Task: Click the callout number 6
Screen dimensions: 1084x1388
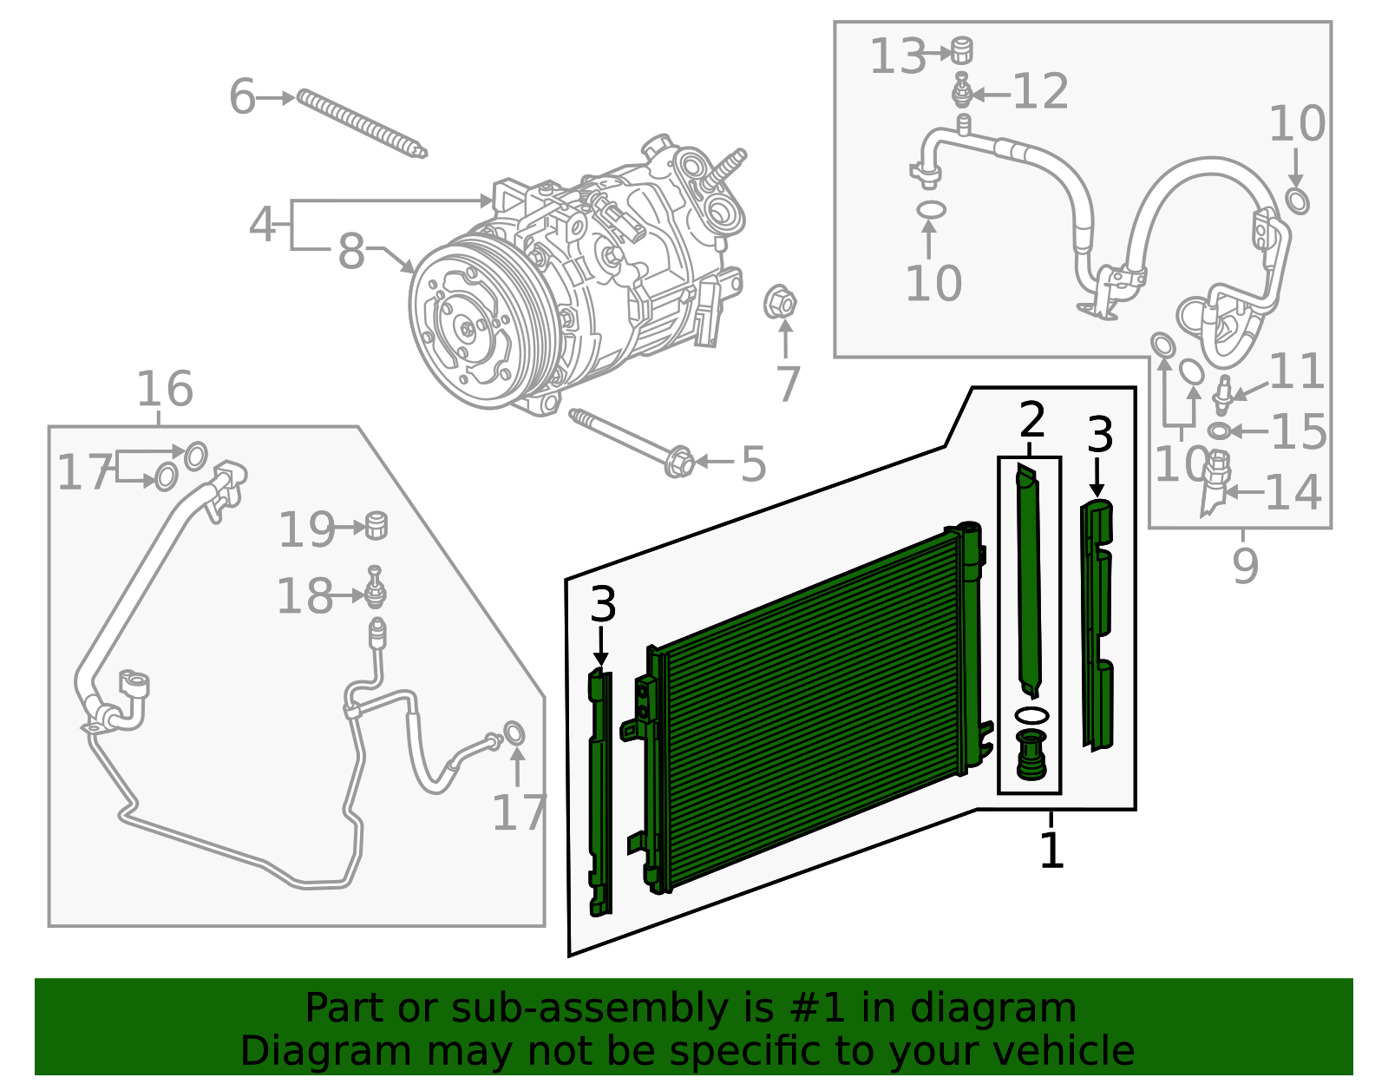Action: [242, 96]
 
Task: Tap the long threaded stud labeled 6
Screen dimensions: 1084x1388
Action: [360, 124]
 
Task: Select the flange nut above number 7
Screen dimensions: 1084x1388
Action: [780, 303]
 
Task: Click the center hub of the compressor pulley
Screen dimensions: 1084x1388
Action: [467, 329]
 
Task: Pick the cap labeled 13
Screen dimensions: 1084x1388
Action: [960, 50]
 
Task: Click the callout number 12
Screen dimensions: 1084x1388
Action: [1040, 91]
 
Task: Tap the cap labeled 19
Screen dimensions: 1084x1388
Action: [376, 525]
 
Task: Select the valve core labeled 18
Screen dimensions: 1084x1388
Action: [375, 588]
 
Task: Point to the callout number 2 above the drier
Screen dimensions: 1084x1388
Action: [1031, 420]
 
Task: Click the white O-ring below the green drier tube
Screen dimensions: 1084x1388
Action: [1031, 715]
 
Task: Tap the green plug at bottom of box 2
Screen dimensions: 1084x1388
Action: [1031, 756]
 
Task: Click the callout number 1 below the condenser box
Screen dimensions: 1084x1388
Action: [1051, 850]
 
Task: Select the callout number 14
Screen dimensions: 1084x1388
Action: [1293, 492]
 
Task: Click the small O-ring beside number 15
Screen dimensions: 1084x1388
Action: [1219, 431]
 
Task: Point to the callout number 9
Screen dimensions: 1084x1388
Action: [1245, 566]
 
